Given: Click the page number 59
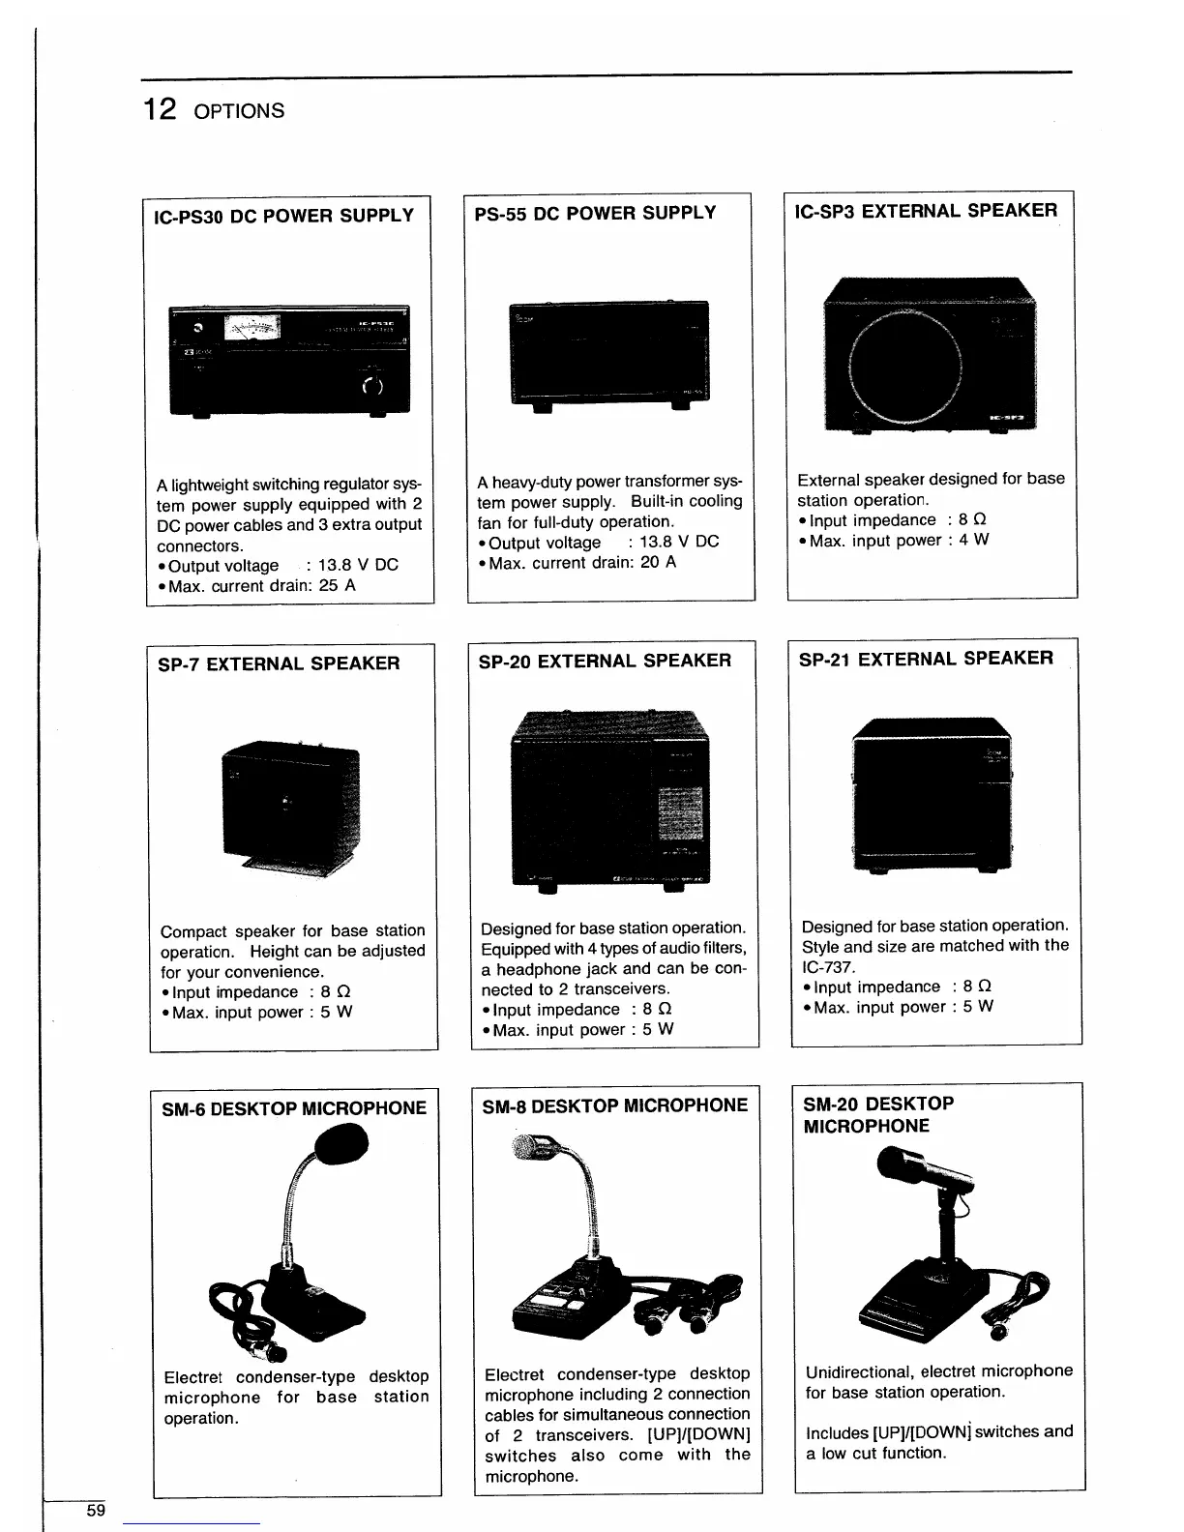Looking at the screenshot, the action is tap(96, 1511).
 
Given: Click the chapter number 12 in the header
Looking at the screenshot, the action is tap(160, 108).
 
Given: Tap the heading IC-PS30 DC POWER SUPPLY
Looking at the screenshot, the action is tap(284, 216).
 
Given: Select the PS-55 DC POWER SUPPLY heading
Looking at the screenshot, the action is tap(595, 213).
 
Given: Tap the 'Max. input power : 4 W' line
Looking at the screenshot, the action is tap(894, 541).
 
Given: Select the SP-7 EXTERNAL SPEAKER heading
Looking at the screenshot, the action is tap(279, 663).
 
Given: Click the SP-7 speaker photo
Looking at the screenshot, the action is tap(290, 805).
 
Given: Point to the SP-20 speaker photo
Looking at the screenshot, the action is tap(609, 799).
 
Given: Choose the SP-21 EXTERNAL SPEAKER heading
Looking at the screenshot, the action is tap(926, 659).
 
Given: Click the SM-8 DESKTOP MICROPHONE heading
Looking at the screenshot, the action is tap(614, 1105).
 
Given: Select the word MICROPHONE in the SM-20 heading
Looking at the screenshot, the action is tap(866, 1126).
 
